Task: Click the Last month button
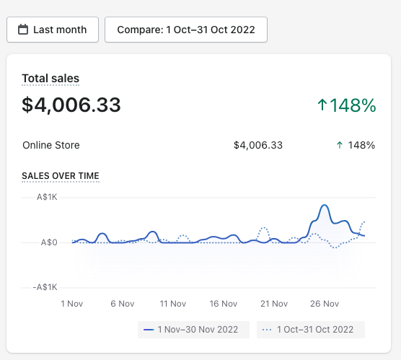click(53, 30)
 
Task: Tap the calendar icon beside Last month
click(23, 30)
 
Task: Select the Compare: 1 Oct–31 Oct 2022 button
click(186, 30)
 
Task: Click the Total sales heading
click(50, 79)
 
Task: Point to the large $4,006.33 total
click(71, 105)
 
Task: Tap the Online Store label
click(51, 145)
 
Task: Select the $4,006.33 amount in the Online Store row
click(258, 145)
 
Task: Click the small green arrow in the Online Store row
click(340, 145)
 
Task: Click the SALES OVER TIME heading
click(61, 176)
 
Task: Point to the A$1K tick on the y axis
click(47, 197)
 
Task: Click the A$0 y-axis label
click(49, 242)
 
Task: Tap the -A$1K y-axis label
click(45, 287)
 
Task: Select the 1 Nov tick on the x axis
click(72, 304)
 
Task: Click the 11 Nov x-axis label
click(173, 304)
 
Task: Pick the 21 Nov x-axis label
click(274, 304)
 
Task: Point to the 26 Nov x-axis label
click(325, 304)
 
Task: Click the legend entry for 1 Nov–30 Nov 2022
click(193, 330)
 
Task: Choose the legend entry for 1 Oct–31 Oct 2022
click(311, 330)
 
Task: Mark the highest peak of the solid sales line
click(325, 205)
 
